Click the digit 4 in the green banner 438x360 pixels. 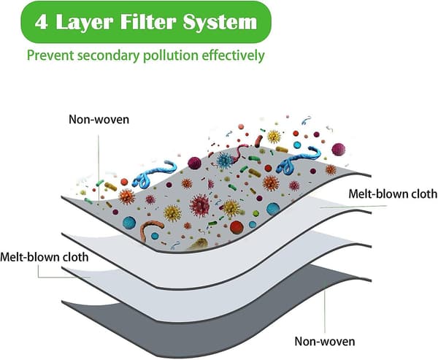pyautogui.click(x=42, y=22)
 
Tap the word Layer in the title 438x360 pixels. pyautogui.click(x=85, y=23)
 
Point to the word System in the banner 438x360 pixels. pyautogui.click(x=220, y=23)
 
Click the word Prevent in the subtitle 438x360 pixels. pyautogui.click(x=50, y=55)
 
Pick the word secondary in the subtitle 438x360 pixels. pyautogui.click(x=108, y=55)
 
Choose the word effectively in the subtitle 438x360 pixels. pyautogui.click(x=233, y=55)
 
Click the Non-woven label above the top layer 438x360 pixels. pyautogui.click(x=99, y=119)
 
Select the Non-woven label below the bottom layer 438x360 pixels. pyautogui.click(x=325, y=341)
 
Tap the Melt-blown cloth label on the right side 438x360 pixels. pyautogui.click(x=393, y=194)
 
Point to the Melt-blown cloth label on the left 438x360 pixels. pyautogui.click(x=44, y=257)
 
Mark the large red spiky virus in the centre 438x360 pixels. pyautogui.click(x=199, y=205)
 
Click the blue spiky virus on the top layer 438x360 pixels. pyautogui.click(x=225, y=161)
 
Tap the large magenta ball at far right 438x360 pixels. pyautogui.click(x=338, y=149)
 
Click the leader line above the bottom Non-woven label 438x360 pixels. pyautogui.click(x=325, y=312)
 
